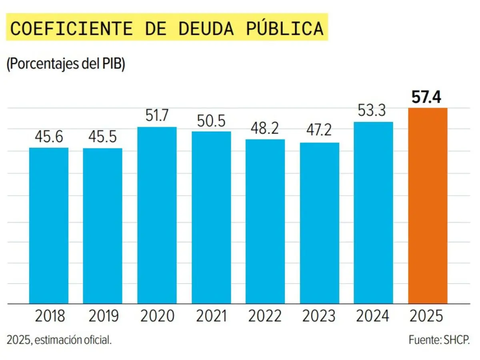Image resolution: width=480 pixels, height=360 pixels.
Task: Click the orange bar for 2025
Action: click(x=428, y=206)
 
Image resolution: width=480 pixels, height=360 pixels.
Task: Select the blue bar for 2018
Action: click(x=49, y=226)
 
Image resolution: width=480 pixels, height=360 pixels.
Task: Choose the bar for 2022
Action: click(x=265, y=222)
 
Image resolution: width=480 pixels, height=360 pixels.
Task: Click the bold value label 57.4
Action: click(x=427, y=98)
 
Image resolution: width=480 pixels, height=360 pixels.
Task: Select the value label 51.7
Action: click(x=157, y=116)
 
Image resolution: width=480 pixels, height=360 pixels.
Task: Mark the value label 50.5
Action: click(x=211, y=121)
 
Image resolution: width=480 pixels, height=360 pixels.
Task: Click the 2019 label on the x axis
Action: click(x=103, y=316)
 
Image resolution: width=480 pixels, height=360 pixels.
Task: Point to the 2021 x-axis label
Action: click(x=211, y=316)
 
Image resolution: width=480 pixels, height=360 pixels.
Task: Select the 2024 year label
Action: click(x=373, y=316)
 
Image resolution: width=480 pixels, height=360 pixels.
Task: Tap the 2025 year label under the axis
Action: click(x=427, y=316)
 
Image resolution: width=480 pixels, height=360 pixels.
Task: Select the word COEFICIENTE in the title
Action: click(x=71, y=28)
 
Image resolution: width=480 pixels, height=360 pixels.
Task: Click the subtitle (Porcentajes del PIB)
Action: click(x=66, y=64)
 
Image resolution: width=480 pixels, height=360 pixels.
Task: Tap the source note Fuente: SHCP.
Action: click(x=439, y=340)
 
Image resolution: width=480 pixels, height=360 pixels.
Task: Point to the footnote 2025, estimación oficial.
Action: click(x=59, y=340)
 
